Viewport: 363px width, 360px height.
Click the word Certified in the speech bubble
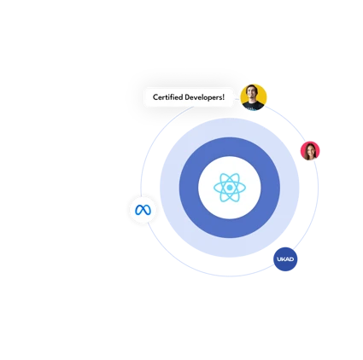point(167,97)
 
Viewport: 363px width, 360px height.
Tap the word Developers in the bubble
point(203,97)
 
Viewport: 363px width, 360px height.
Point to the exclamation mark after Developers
point(224,97)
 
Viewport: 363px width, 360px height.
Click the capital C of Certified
point(155,97)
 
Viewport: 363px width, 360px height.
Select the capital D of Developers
point(187,97)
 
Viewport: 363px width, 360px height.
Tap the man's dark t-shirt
point(253,107)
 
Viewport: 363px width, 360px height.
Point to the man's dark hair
point(252,87)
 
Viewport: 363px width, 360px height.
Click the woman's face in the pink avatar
point(310,150)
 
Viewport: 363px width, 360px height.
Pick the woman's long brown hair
point(306,153)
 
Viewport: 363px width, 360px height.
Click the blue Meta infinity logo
point(143,210)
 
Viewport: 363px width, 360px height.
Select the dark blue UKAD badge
point(285,259)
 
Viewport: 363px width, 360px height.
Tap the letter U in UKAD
point(279,259)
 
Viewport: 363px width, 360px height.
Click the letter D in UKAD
point(291,259)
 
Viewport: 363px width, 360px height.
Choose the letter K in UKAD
point(283,259)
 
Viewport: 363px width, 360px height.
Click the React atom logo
point(230,188)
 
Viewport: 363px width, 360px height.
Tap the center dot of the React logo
point(230,188)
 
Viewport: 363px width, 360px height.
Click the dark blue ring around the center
point(230,147)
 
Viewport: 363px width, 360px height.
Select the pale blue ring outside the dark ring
point(230,128)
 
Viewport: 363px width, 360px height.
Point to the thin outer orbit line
point(230,276)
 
